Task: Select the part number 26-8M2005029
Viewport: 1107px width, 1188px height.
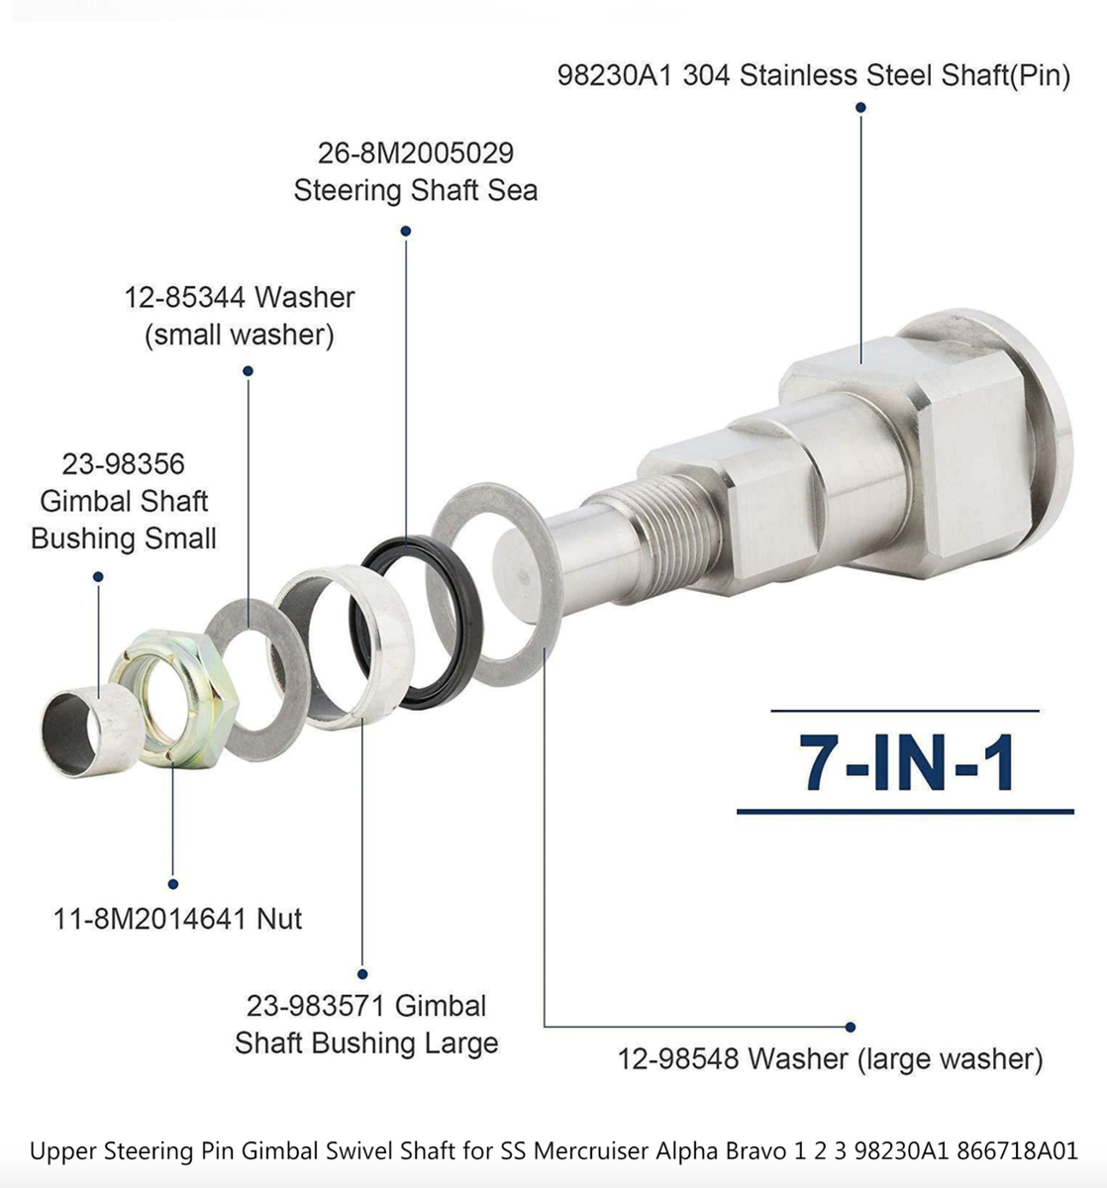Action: pos(416,153)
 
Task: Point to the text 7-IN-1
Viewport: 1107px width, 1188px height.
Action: pos(906,763)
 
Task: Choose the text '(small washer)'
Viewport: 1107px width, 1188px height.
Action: pos(240,335)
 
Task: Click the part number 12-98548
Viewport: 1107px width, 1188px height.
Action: pos(678,1059)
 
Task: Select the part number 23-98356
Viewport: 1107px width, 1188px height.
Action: pos(124,463)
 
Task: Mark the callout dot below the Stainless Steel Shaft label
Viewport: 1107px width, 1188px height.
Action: pos(861,108)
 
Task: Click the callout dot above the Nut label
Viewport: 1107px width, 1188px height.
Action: pos(173,883)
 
